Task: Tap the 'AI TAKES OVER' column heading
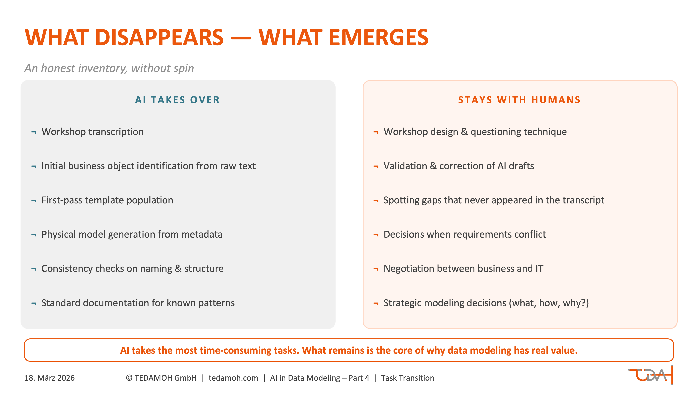pos(177,100)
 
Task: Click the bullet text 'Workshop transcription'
pos(92,132)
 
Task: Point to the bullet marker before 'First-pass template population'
pos(34,201)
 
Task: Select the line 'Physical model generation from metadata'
pos(132,234)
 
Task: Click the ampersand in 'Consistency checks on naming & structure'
pos(178,269)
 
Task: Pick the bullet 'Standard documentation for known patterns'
pos(138,303)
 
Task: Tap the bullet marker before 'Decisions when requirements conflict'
pos(376,235)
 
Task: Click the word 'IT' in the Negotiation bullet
pos(539,269)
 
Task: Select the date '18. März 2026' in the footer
pos(50,378)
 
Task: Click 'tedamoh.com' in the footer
pos(233,378)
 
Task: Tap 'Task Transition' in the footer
pos(408,378)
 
